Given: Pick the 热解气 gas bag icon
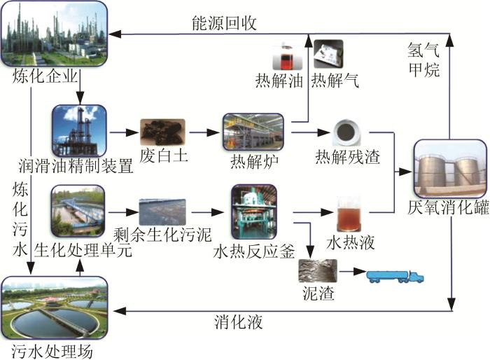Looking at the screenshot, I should click(327, 53).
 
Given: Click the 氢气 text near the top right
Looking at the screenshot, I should click(423, 50).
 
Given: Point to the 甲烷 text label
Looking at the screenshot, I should click(423, 71).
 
